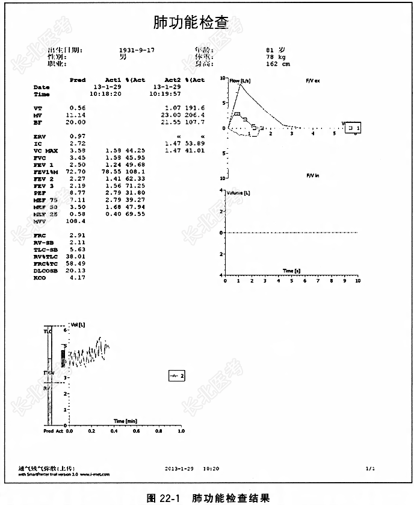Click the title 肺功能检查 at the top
191,24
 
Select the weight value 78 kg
276,57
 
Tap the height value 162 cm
277,63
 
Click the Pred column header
78,80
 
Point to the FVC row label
40,157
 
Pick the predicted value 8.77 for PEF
78,192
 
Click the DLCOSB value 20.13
78,271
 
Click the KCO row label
40,278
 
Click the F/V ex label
313,80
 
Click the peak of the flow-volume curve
240,84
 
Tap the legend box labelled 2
177,376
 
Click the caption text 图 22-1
164,498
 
